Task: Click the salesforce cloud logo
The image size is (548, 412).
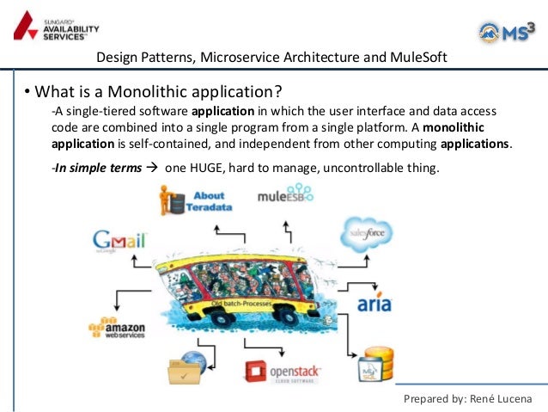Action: pos(367,233)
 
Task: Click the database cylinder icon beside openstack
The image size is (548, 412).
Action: pos(374,363)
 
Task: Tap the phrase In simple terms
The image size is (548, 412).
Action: pos(96,168)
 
